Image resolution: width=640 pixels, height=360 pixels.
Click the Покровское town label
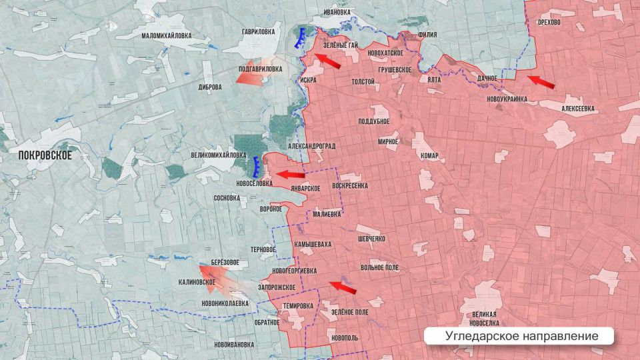point(44,153)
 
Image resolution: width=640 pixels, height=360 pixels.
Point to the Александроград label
point(311,145)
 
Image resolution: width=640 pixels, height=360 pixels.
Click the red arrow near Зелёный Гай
point(327,61)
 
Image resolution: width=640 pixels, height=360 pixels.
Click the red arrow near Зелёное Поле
point(344,287)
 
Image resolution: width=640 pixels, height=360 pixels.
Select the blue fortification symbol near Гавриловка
point(301,38)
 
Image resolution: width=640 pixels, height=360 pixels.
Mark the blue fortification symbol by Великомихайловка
point(257,164)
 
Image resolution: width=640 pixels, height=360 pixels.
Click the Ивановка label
point(337,12)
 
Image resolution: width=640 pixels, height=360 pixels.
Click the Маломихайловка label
point(167,35)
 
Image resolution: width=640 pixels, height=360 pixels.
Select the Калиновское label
point(197,282)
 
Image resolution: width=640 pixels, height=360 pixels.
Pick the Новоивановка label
point(235,345)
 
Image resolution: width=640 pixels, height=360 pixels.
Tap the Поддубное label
point(373,121)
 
